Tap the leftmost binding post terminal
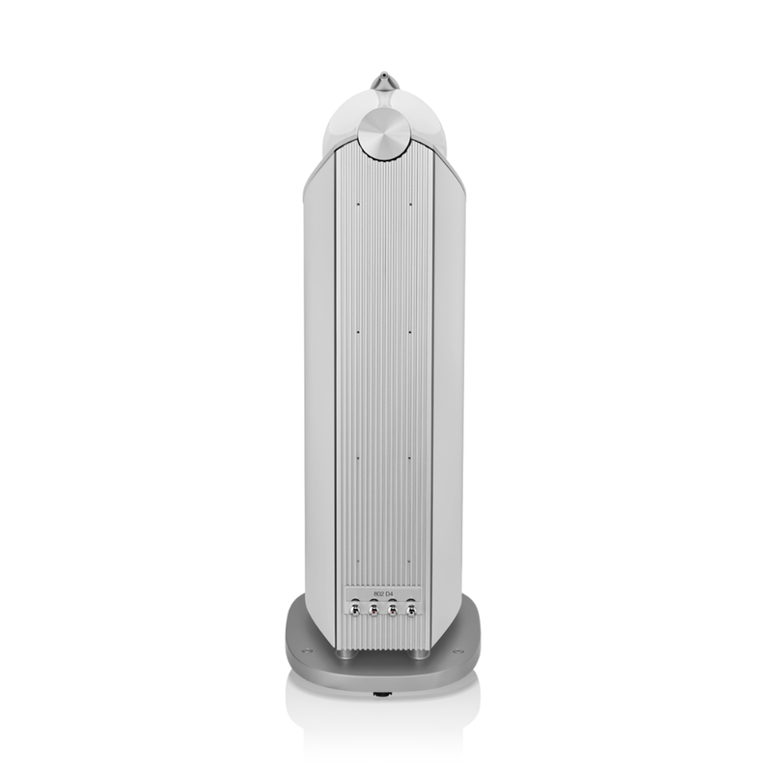(x=355, y=609)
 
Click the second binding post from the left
(x=373, y=609)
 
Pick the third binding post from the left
(x=393, y=609)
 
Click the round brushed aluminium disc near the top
(x=383, y=132)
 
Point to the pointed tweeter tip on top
(x=384, y=79)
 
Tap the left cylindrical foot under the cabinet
(x=345, y=653)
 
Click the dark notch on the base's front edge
(x=383, y=692)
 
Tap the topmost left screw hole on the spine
(x=356, y=204)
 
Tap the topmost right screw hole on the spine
(x=410, y=204)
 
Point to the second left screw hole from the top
(x=356, y=331)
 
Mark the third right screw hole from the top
(x=410, y=458)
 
